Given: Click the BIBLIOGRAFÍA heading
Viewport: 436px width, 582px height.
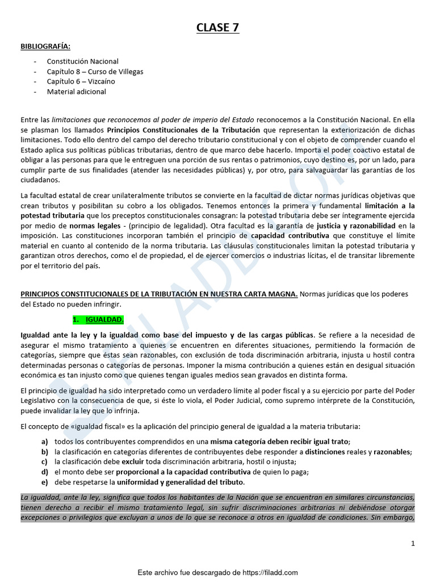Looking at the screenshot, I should [46, 46].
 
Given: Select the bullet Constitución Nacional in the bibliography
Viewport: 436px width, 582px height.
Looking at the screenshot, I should [83, 61].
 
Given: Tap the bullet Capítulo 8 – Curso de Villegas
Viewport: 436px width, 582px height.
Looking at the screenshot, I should [95, 71].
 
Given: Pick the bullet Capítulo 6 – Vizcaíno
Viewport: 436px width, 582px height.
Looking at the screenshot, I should [81, 81].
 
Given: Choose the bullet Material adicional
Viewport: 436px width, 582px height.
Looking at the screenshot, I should [76, 92].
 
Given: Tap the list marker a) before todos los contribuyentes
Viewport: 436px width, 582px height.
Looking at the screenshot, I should [44, 442].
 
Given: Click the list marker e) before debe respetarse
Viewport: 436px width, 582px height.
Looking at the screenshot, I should [44, 482].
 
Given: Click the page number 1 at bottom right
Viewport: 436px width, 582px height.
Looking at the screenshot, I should [413, 543].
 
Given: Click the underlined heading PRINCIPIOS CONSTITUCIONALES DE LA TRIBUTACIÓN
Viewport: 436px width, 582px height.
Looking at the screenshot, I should [159, 294].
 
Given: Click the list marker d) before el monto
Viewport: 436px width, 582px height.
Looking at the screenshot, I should [44, 472].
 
